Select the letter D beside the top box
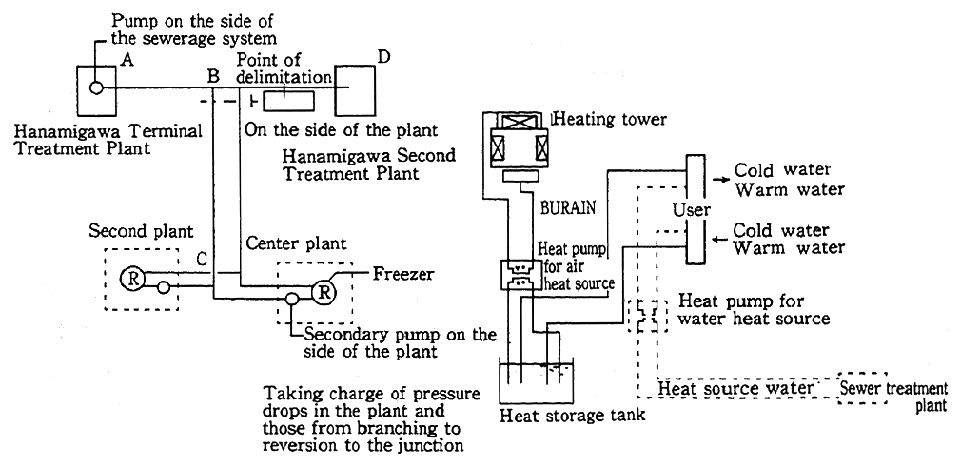[383, 58]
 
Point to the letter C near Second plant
[202, 259]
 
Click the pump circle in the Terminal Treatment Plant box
[96, 87]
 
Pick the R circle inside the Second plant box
[130, 278]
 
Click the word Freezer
[403, 275]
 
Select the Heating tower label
[610, 119]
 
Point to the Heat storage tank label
[571, 415]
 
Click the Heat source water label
[737, 387]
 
